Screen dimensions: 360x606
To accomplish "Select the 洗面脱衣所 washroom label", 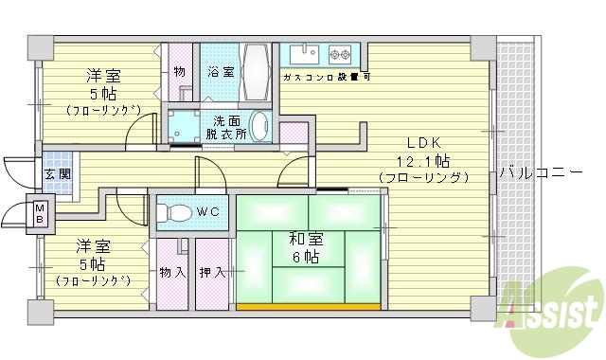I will click(226, 127).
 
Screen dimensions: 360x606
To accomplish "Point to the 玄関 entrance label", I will click(56, 174).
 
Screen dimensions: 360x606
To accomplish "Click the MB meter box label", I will click(39, 213).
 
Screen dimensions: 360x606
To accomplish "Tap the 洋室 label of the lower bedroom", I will click(92, 247).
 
